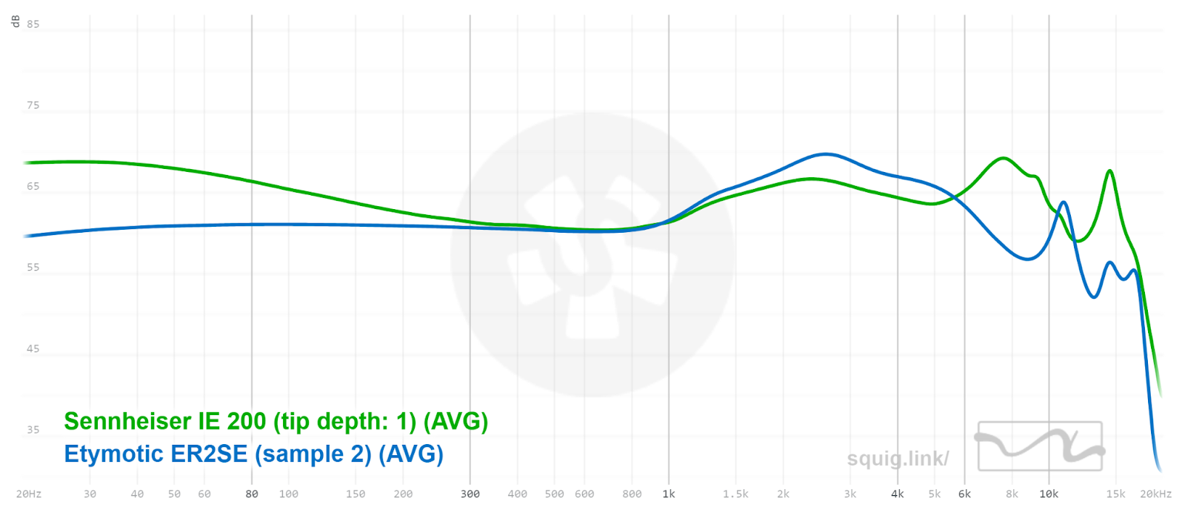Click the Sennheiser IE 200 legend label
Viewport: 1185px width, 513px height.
point(276,421)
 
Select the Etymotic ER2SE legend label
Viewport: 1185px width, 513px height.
point(253,454)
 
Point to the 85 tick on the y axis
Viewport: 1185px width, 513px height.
point(33,24)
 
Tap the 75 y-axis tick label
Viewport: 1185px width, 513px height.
point(33,105)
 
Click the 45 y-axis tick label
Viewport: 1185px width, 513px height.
point(33,348)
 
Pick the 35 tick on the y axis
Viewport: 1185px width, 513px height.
point(33,430)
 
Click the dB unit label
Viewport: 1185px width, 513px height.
point(16,21)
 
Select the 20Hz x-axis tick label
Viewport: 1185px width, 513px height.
point(29,494)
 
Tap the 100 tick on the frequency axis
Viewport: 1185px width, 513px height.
point(289,494)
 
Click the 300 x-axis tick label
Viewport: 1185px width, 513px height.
point(470,494)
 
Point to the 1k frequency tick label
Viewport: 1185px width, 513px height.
point(669,494)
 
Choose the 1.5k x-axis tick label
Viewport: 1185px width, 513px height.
point(735,494)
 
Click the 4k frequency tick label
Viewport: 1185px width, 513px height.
point(898,494)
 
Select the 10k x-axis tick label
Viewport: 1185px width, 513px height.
point(1049,494)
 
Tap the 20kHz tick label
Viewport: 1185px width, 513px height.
point(1155,494)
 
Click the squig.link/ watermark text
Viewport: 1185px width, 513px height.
point(898,459)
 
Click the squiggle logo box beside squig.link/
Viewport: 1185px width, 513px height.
point(1040,446)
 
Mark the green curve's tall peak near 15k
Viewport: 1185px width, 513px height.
point(1109,171)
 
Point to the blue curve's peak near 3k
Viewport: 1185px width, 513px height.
point(825,154)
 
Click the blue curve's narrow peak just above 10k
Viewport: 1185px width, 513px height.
point(1064,202)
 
